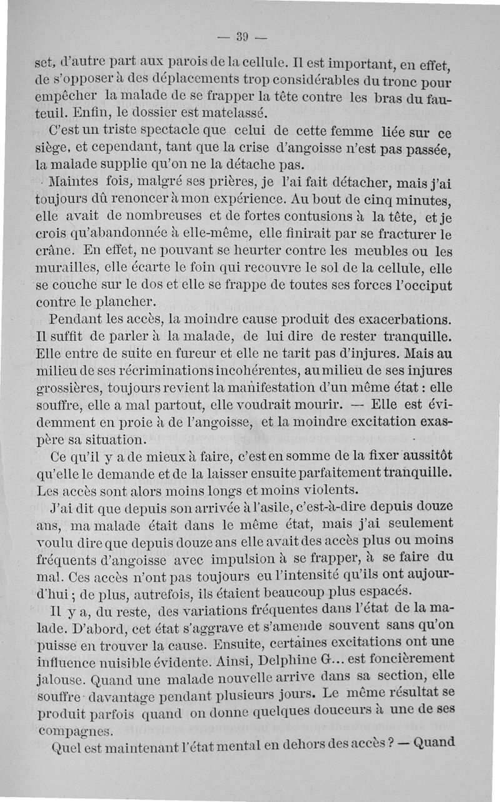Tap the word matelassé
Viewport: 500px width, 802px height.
pos(217,113)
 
